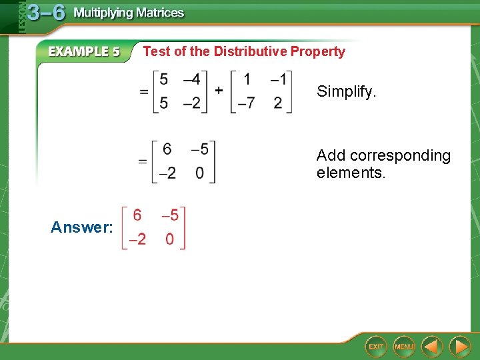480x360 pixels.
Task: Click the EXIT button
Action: pos(376,347)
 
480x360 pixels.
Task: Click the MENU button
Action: pos(404,347)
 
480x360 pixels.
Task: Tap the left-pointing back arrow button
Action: pos(433,347)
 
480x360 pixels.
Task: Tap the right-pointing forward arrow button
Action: pos(459,347)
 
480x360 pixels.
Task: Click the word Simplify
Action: pos(346,91)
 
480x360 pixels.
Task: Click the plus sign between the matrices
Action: pos(218,90)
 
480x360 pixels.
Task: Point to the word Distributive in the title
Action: pos(250,51)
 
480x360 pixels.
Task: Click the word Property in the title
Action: pos(317,51)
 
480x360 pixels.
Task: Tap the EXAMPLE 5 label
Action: pos(84,51)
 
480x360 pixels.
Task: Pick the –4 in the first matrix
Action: pos(191,79)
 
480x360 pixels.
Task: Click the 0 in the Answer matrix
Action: pos(169,239)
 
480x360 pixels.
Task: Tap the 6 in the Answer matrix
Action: pos(137,215)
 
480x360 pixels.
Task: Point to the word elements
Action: pos(351,173)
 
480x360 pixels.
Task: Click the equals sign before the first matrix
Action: pos(143,92)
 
